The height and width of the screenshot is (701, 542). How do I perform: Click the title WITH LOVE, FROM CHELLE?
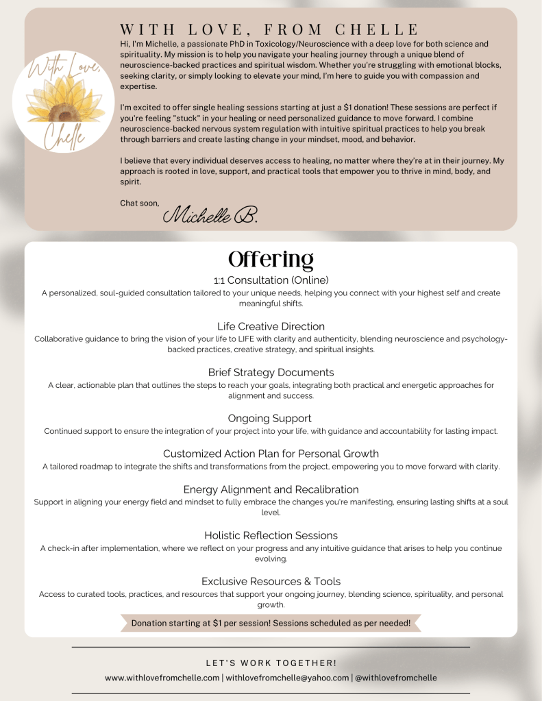click(269, 29)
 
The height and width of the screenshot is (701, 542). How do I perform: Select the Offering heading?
click(271, 260)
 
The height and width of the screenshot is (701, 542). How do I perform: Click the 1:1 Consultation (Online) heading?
click(271, 280)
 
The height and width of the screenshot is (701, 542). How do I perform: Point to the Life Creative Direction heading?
click(271, 326)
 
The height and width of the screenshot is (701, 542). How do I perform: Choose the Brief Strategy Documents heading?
click(271, 372)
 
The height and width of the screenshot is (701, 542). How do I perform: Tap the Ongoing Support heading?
click(271, 418)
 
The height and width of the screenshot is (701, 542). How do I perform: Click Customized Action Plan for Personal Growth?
click(271, 454)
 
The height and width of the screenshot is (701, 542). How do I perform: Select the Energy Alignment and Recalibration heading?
click(271, 489)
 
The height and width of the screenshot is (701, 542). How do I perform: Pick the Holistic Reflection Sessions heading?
click(271, 535)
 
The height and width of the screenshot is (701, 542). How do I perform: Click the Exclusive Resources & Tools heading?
click(271, 581)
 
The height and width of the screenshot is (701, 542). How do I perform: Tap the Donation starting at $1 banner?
click(271, 623)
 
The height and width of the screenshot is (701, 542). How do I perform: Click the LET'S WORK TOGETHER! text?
click(271, 663)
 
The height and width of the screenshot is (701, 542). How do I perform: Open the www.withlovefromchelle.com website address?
click(162, 678)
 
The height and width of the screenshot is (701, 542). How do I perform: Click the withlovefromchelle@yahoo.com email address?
click(287, 678)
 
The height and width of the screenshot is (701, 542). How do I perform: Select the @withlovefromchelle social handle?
click(395, 678)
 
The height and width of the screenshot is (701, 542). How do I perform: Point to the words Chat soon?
click(139, 203)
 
